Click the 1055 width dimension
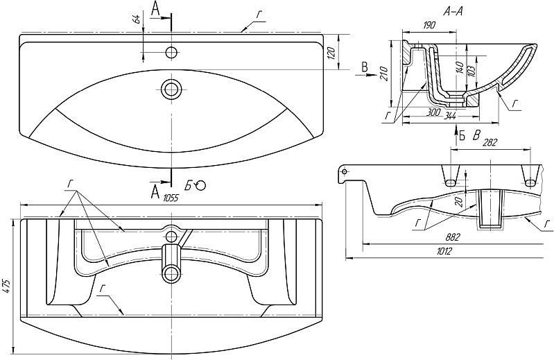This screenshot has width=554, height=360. click(171, 198)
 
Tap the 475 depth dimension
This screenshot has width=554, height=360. click(7, 286)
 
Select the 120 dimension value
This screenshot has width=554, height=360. click(331, 52)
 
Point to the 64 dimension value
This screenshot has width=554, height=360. click(137, 17)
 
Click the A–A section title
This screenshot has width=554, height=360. click(453, 12)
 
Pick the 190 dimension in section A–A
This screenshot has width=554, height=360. click(429, 25)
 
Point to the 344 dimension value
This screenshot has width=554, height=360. click(449, 115)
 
